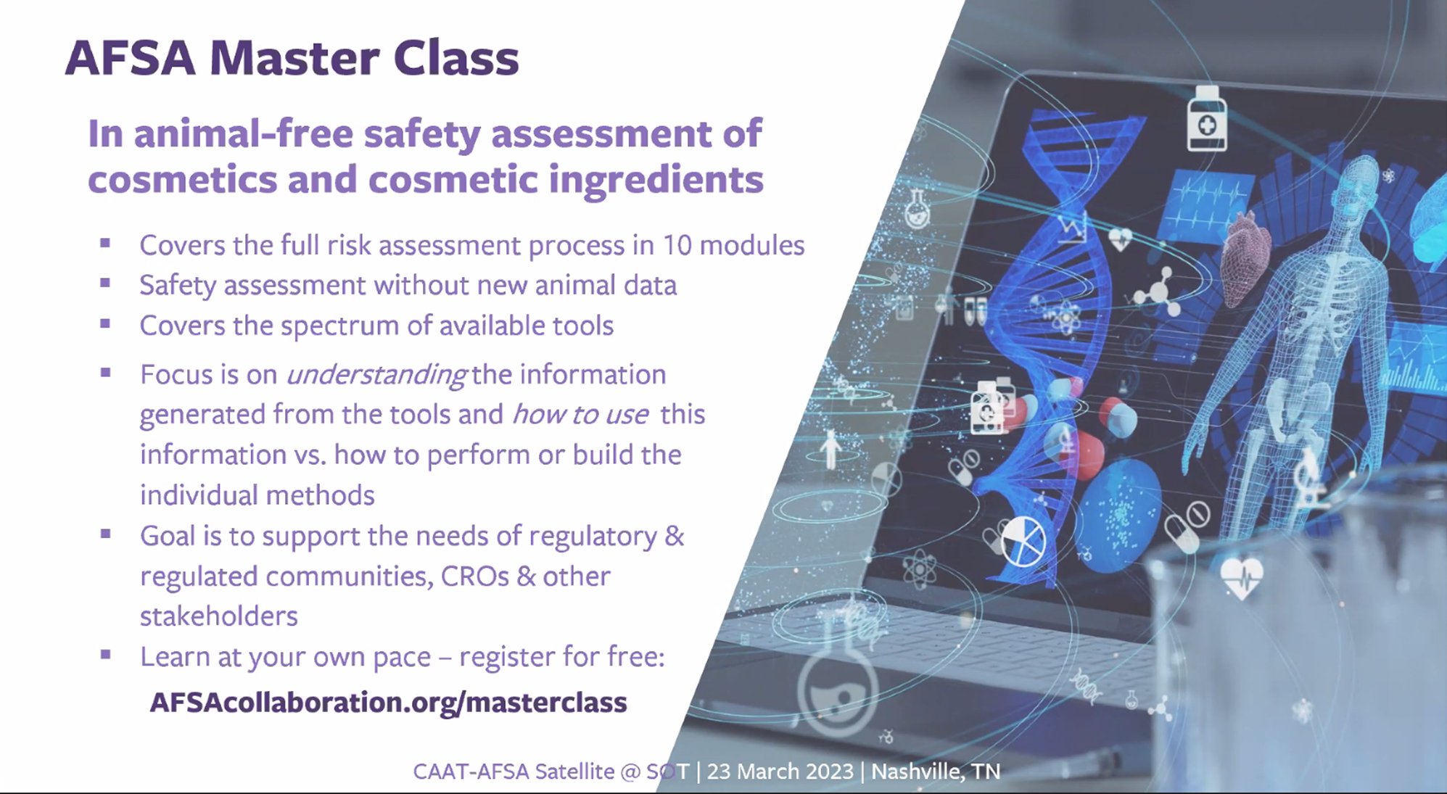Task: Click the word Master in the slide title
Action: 294,58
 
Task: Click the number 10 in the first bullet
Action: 677,245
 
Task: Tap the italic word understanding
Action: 376,375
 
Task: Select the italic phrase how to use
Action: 580,415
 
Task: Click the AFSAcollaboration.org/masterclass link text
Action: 388,702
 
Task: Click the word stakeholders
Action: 218,616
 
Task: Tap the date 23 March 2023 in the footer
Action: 780,771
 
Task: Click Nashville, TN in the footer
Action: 936,771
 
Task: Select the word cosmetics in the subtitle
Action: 182,179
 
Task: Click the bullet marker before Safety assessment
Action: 105,284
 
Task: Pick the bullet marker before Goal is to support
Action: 105,534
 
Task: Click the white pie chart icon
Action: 1023,540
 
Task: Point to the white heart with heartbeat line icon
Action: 1242,577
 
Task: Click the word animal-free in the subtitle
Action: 244,134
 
